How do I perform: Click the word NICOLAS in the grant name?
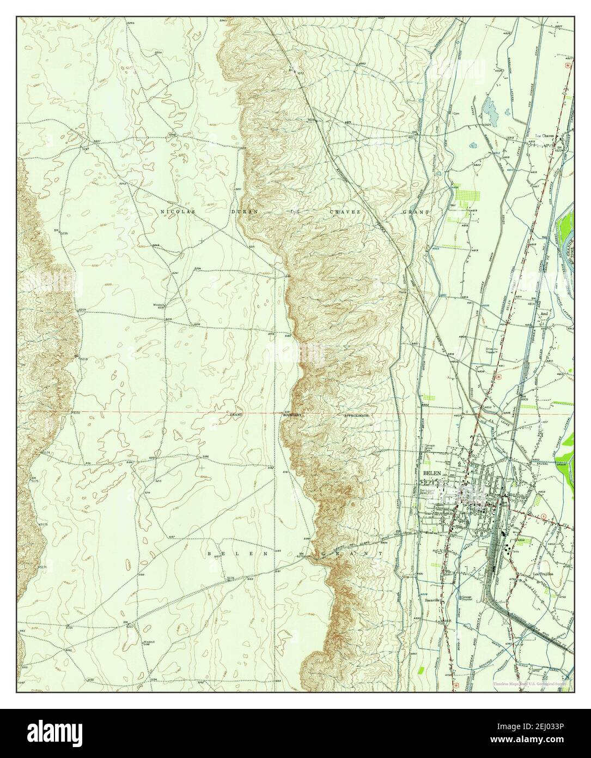pos(174,210)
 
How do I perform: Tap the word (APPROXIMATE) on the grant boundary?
pos(357,415)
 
